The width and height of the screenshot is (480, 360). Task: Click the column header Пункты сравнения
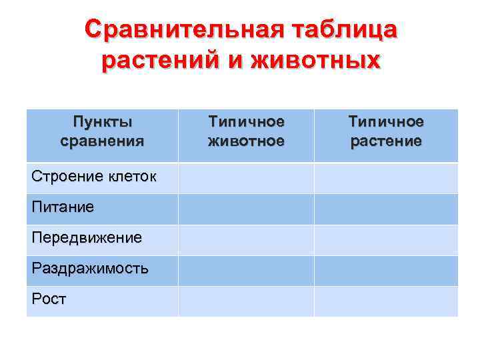(102, 131)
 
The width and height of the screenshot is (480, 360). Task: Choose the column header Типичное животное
(246, 131)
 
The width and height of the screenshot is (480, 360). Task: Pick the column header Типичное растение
(386, 131)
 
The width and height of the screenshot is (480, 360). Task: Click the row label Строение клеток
(94, 177)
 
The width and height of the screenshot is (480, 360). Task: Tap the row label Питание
(63, 207)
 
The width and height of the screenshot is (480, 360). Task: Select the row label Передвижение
(87, 238)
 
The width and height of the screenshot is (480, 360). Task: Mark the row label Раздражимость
(90, 269)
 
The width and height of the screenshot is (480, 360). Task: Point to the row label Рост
(49, 299)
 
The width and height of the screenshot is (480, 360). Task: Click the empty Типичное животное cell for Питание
(246, 209)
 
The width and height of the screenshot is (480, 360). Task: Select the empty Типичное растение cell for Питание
(386, 209)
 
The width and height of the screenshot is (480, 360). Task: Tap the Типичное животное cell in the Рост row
(246, 301)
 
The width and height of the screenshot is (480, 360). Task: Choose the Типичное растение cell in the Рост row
(386, 301)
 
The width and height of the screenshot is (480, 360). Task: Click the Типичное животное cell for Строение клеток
(246, 178)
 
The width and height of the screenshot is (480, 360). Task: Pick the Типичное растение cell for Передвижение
(386, 239)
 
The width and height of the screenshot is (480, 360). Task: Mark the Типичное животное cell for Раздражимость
(246, 270)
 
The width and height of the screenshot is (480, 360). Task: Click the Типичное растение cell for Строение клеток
(386, 178)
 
